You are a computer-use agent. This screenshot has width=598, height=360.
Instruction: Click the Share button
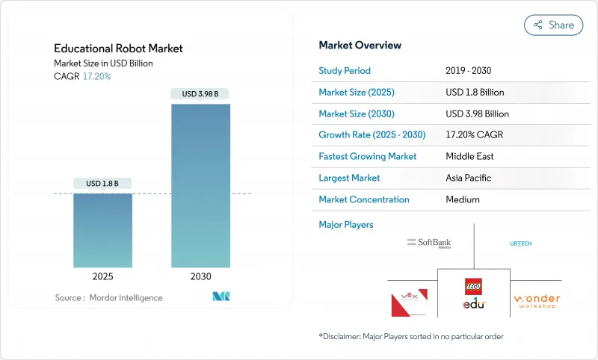tap(553, 25)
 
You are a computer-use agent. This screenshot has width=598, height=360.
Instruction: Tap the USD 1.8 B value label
tap(102, 183)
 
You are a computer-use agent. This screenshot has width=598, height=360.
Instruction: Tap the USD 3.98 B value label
tap(200, 94)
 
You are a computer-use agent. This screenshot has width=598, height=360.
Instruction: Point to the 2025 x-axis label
tap(102, 276)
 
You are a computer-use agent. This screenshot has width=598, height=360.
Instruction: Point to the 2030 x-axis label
tap(200, 276)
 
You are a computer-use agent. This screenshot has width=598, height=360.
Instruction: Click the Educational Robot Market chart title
tap(118, 49)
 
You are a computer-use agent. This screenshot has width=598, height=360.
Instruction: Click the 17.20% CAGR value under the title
tap(96, 76)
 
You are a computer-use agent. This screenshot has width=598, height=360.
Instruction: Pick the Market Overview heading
tap(360, 46)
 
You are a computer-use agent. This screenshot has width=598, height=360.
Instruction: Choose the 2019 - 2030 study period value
tap(468, 71)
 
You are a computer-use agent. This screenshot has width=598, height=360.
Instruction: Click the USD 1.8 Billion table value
tap(475, 93)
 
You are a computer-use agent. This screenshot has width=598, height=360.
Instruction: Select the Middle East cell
tap(470, 157)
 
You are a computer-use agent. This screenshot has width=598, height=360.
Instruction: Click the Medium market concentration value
tap(463, 199)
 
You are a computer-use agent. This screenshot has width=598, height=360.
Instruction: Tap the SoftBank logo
tap(429, 243)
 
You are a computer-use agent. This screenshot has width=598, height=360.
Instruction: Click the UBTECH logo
tap(520, 243)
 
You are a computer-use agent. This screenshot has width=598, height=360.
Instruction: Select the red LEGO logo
tap(474, 286)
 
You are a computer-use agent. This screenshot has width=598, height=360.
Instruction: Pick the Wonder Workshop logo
tap(537, 302)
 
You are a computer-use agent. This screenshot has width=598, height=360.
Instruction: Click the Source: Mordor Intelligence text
tap(108, 297)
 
